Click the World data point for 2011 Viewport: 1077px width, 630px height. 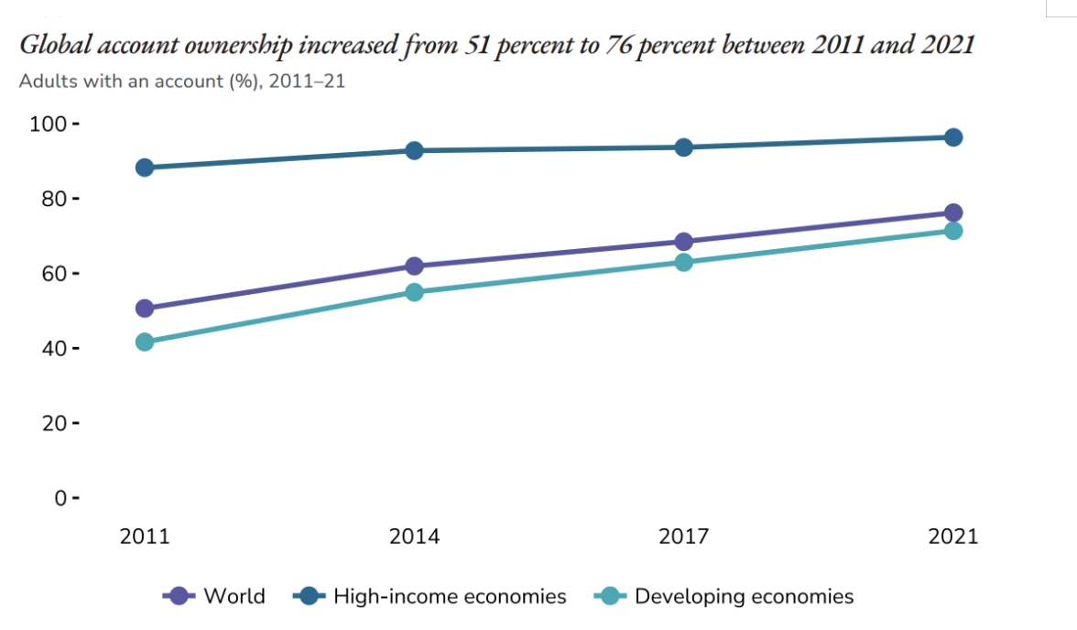pyautogui.click(x=144, y=309)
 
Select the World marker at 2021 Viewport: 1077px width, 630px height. pyautogui.click(x=953, y=213)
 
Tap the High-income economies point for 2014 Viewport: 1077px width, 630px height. pyautogui.click(x=414, y=150)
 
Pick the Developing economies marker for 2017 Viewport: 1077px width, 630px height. pyautogui.click(x=683, y=263)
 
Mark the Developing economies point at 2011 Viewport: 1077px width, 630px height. pyautogui.click(x=144, y=342)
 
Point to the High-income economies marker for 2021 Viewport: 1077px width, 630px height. pyautogui.click(x=953, y=137)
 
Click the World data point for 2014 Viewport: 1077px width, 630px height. pyautogui.click(x=414, y=266)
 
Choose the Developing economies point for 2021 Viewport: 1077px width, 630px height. pyautogui.click(x=953, y=231)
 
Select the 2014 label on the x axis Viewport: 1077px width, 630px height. pyautogui.click(x=414, y=536)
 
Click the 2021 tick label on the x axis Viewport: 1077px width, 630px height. pyautogui.click(x=953, y=536)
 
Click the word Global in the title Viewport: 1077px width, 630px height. pyautogui.click(x=53, y=45)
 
